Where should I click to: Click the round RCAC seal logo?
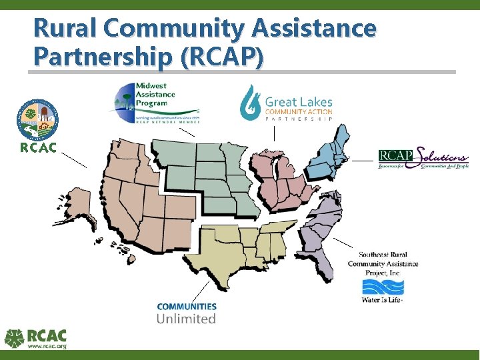(37, 119)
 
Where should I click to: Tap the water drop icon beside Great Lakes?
(251, 101)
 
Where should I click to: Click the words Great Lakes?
(298, 102)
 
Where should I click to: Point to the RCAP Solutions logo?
(423, 157)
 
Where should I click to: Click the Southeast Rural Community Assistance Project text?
(383, 263)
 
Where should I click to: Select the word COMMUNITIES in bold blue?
(187, 307)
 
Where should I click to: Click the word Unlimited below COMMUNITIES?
(186, 319)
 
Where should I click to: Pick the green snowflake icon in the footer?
(15, 339)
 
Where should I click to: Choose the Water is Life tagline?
(382, 301)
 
